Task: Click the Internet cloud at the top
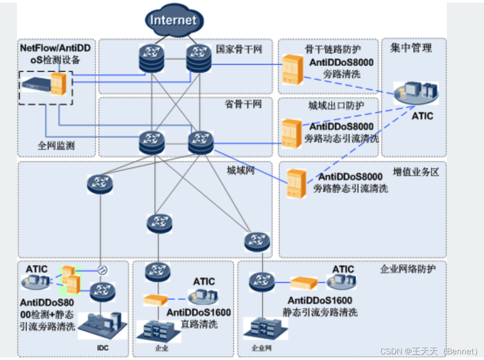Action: point(174,20)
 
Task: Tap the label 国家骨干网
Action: point(239,49)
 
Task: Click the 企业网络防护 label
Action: point(408,268)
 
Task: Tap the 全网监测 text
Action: point(56,145)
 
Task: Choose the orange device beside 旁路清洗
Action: point(292,69)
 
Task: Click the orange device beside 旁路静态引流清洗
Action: point(296,183)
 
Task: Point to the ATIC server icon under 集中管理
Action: point(415,93)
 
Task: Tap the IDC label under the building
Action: point(102,348)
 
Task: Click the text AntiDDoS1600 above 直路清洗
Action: point(199,313)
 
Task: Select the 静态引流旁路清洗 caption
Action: point(320,312)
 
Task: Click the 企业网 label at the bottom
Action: point(262,348)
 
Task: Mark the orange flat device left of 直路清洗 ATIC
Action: point(155,300)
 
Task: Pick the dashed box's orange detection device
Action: point(58,84)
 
